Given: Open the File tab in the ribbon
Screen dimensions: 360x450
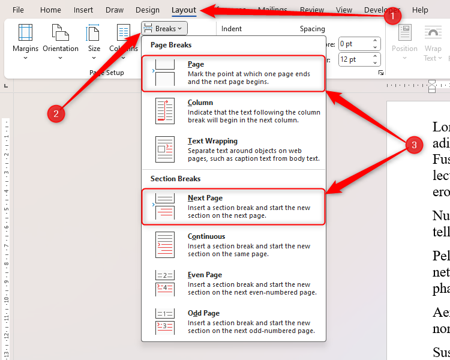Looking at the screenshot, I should tap(18, 10).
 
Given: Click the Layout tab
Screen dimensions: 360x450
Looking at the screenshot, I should tap(184, 10).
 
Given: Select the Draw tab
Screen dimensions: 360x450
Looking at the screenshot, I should tap(115, 10).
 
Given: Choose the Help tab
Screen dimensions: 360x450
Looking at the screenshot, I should tap(420, 10).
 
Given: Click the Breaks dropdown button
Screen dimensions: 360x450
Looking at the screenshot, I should tap(165, 28).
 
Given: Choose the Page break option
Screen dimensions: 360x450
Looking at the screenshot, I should tap(233, 73).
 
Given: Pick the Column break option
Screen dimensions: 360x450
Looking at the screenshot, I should tap(233, 112).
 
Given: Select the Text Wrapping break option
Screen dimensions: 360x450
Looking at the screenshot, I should tap(233, 150).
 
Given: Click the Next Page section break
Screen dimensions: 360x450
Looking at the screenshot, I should tap(233, 207).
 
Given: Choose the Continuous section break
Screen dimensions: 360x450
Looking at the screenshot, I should tap(233, 245).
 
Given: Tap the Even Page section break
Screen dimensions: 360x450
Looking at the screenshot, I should tap(233, 284).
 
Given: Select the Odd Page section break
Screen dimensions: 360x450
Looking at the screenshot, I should tap(233, 322).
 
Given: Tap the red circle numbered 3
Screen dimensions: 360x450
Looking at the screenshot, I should tap(412, 145).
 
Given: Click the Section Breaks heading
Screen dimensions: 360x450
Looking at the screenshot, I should tap(175, 179).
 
